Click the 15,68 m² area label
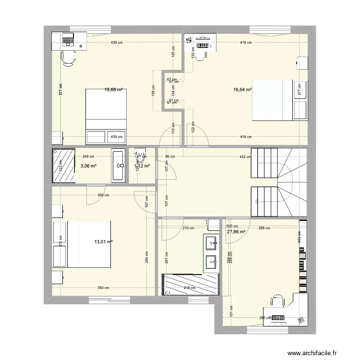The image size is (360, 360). (114, 89)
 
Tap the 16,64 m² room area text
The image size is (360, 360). (243, 89)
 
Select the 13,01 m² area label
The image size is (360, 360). (104, 242)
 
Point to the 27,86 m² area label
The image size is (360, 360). (236, 232)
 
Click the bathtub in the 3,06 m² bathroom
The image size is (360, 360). (118, 166)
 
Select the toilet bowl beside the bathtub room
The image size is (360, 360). (140, 153)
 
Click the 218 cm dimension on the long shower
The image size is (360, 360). (190, 288)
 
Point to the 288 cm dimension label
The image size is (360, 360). (264, 228)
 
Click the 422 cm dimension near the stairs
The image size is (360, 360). (244, 156)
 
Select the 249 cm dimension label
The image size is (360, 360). (88, 156)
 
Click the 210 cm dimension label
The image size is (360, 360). (188, 228)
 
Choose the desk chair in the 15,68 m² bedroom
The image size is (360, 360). (68, 57)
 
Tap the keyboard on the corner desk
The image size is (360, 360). (279, 317)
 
